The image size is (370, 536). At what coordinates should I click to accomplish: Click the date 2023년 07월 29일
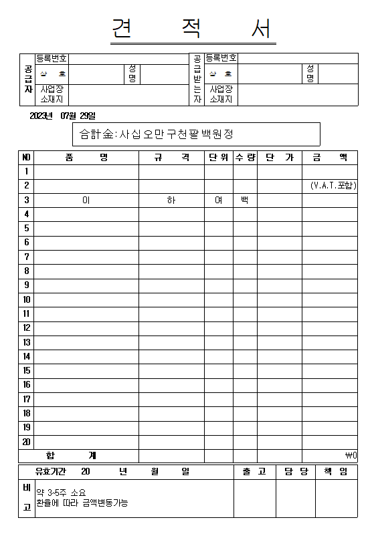tap(63, 116)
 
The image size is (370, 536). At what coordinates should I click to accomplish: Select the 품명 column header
tap(86, 157)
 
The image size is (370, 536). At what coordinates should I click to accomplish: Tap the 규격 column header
tap(171, 157)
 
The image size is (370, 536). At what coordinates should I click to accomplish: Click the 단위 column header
tap(218, 157)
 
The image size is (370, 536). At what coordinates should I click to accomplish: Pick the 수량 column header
tap(245, 157)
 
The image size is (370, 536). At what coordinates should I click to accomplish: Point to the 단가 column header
tap(279, 157)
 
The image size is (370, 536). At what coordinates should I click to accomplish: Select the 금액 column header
tap(330, 157)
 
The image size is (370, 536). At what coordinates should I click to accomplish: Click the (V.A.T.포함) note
tap(333, 185)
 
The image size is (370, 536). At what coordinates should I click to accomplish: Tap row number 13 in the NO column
tap(26, 342)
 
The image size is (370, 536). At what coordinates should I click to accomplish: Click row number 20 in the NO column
tap(26, 442)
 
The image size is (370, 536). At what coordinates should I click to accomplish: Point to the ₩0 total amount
tap(351, 456)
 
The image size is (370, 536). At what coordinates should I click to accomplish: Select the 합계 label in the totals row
tap(86, 456)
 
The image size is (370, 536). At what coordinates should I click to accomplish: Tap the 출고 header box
tap(254, 472)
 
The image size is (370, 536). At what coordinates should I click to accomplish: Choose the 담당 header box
tap(295, 472)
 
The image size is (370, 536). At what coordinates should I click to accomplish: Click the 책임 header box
tap(336, 472)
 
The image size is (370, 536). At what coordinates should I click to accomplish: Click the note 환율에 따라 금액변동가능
tap(82, 503)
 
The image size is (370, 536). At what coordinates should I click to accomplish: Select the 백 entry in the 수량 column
tap(245, 200)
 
